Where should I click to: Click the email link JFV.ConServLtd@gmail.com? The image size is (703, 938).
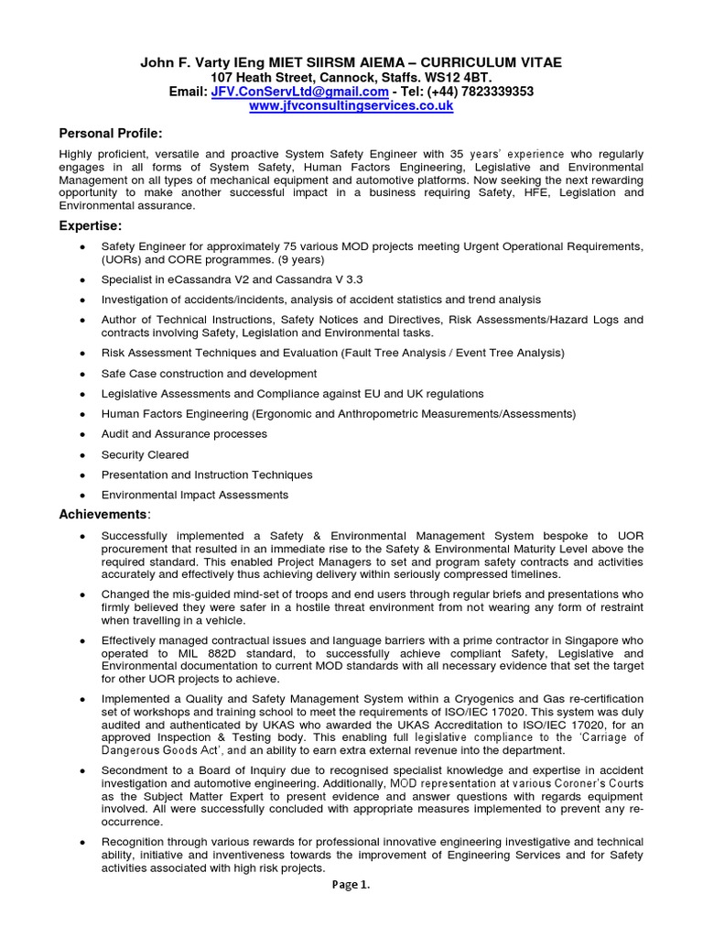pyautogui.click(x=299, y=93)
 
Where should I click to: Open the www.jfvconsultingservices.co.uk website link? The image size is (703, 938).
pyautogui.click(x=351, y=107)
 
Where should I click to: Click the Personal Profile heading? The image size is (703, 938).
pyautogui.click(x=111, y=134)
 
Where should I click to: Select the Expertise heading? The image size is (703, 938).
pyautogui.click(x=90, y=225)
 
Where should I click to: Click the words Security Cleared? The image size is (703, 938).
pyautogui.click(x=145, y=454)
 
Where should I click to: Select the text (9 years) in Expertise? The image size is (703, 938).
pyautogui.click(x=338, y=259)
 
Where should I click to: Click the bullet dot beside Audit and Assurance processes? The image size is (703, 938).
pyautogui.click(x=83, y=434)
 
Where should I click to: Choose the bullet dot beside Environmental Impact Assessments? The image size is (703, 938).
pyautogui.click(x=83, y=495)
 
